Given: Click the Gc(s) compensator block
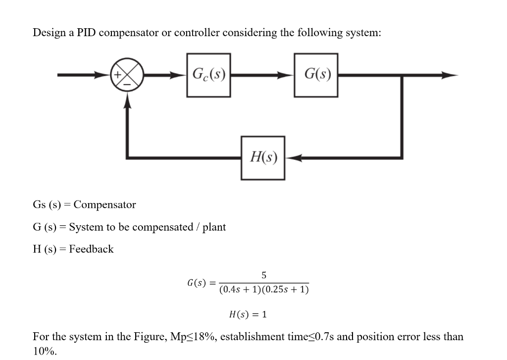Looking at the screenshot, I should pos(208,75).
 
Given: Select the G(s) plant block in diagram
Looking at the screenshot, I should pos(316,75).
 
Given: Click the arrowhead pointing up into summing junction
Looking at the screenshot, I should pos(128,102).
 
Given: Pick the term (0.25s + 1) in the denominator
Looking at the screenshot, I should pos(287,289).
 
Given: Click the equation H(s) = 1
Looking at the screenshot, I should pos(248,314).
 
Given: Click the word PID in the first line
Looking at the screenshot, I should pos(87,33).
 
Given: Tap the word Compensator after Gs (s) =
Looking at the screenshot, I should pos(104,205).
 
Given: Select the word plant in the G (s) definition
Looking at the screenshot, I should pos(214,227).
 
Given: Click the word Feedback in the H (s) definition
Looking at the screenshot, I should pos(91,249).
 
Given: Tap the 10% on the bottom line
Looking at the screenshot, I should pos(44,352).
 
